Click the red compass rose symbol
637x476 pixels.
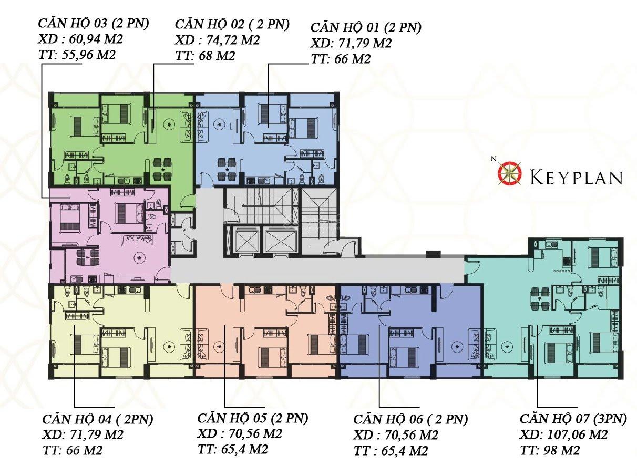click(510, 174)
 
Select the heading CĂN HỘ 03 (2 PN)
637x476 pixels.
click(94, 24)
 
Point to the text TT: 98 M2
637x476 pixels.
click(550, 450)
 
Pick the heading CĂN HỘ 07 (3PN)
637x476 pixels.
click(573, 419)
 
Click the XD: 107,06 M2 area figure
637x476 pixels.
click(563, 434)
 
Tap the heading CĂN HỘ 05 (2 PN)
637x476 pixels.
click(252, 418)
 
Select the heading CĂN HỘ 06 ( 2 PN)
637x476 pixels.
click(410, 419)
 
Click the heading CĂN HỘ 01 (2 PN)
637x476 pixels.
click(366, 27)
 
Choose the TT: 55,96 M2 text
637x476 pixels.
click(77, 55)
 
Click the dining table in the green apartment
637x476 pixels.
click(162, 169)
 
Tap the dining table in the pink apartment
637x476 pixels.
click(87, 257)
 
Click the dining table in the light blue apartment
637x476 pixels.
click(227, 169)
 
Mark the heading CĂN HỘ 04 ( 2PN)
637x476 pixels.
click(98, 419)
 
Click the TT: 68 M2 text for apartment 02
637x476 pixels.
click(205, 56)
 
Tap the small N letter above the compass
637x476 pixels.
click(493, 159)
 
